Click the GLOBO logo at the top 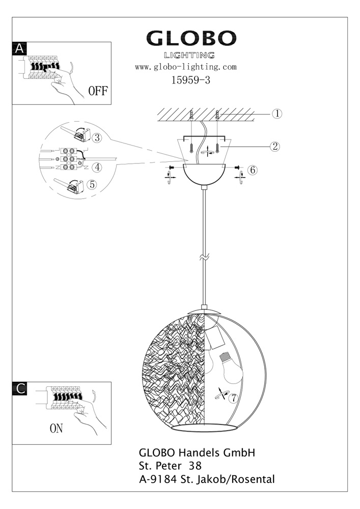[x=191, y=38]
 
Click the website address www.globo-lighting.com [x=186, y=67]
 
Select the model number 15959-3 [x=191, y=80]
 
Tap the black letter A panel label [x=19, y=48]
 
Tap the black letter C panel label [x=19, y=388]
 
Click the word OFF [x=98, y=91]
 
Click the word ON [x=56, y=429]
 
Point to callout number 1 [x=277, y=114]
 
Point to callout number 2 [x=275, y=147]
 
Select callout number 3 [x=97, y=137]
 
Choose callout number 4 [x=97, y=167]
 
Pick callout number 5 [x=93, y=184]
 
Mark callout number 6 [x=253, y=170]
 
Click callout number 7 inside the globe [x=233, y=398]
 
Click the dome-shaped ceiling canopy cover [x=204, y=174]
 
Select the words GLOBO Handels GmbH [x=197, y=453]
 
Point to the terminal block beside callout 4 [x=69, y=159]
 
